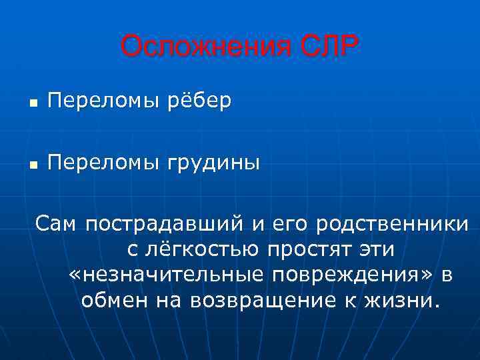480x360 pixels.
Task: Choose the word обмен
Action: [115, 300]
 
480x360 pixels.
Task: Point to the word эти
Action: [377, 250]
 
